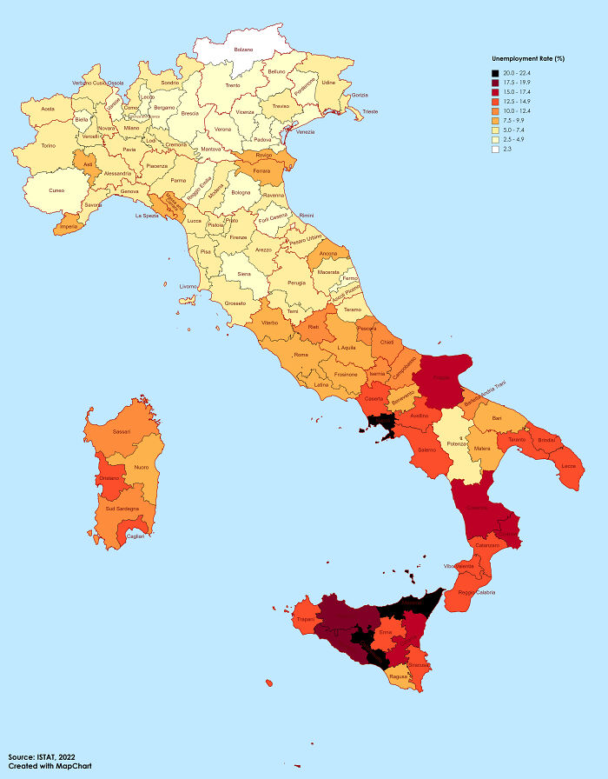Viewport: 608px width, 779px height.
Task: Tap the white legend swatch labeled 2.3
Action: (495, 149)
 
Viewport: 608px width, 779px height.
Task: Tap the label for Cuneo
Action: (56, 190)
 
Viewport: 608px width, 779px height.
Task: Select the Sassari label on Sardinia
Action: (122, 431)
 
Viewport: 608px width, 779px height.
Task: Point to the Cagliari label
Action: (135, 536)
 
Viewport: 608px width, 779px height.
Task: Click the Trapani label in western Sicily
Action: (305, 619)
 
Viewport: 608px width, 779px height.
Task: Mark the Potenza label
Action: (457, 443)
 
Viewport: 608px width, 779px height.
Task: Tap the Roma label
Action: (301, 354)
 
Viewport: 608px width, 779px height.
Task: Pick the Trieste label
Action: (370, 111)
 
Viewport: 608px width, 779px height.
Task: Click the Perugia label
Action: (297, 283)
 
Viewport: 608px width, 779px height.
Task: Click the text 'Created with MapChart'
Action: (50, 767)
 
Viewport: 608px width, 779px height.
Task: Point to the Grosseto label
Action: (235, 303)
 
